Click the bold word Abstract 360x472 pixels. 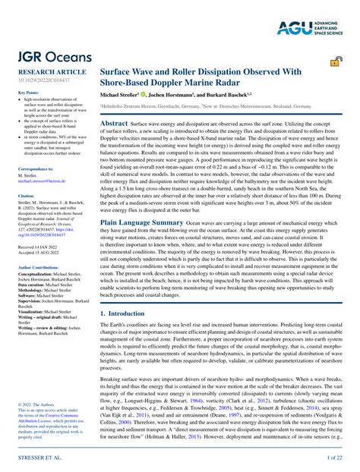click(114, 122)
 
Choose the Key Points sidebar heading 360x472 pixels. click(28, 93)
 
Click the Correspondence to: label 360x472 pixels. click(36, 169)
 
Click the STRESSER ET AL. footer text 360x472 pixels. click(36, 458)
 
